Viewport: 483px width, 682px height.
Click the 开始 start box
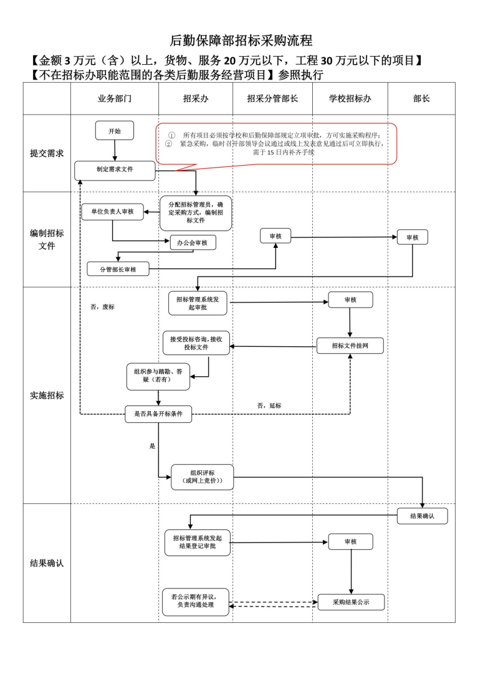point(115,131)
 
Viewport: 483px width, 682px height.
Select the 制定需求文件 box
point(115,170)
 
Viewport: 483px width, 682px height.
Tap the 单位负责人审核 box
point(112,212)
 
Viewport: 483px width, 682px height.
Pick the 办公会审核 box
point(193,242)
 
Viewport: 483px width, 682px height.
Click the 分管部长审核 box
point(118,269)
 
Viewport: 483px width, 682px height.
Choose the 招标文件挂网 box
point(350,346)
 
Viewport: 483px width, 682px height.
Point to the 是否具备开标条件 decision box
point(158,414)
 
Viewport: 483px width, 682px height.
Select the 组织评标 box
point(202,477)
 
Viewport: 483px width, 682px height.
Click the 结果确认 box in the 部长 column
point(422,516)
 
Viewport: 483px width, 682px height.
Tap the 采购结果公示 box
point(351,602)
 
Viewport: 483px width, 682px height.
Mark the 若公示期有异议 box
point(196,602)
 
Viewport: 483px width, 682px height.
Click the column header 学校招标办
point(350,99)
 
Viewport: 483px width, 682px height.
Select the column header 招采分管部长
point(272,99)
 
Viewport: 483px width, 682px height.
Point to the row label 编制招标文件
point(47,239)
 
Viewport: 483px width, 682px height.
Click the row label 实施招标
point(47,395)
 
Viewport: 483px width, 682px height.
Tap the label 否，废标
point(102,307)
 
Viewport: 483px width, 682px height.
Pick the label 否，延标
point(269,405)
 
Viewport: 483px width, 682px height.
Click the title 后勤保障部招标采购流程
point(241,41)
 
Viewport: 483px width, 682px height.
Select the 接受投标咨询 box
point(196,343)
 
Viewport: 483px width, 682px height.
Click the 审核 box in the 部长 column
point(412,237)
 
